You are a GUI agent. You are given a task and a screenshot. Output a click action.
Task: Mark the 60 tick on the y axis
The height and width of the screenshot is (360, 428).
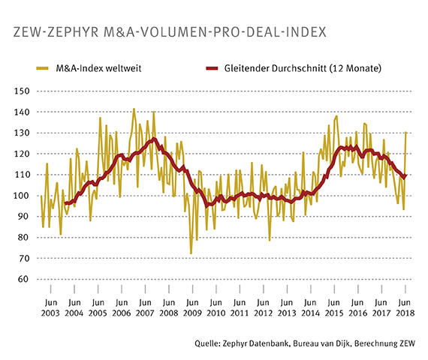[x=23, y=280]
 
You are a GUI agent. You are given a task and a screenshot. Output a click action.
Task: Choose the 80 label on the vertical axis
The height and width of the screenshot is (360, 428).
[x=23, y=238]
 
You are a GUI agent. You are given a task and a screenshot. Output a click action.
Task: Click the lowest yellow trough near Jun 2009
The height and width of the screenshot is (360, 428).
[x=191, y=253]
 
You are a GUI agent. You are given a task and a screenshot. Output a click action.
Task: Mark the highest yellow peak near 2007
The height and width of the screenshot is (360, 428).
[x=134, y=109]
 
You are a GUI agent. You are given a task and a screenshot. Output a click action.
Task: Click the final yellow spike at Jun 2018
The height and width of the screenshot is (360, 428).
[x=406, y=133]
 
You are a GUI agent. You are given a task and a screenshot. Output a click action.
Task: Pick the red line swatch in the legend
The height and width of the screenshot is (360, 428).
[x=212, y=69]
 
